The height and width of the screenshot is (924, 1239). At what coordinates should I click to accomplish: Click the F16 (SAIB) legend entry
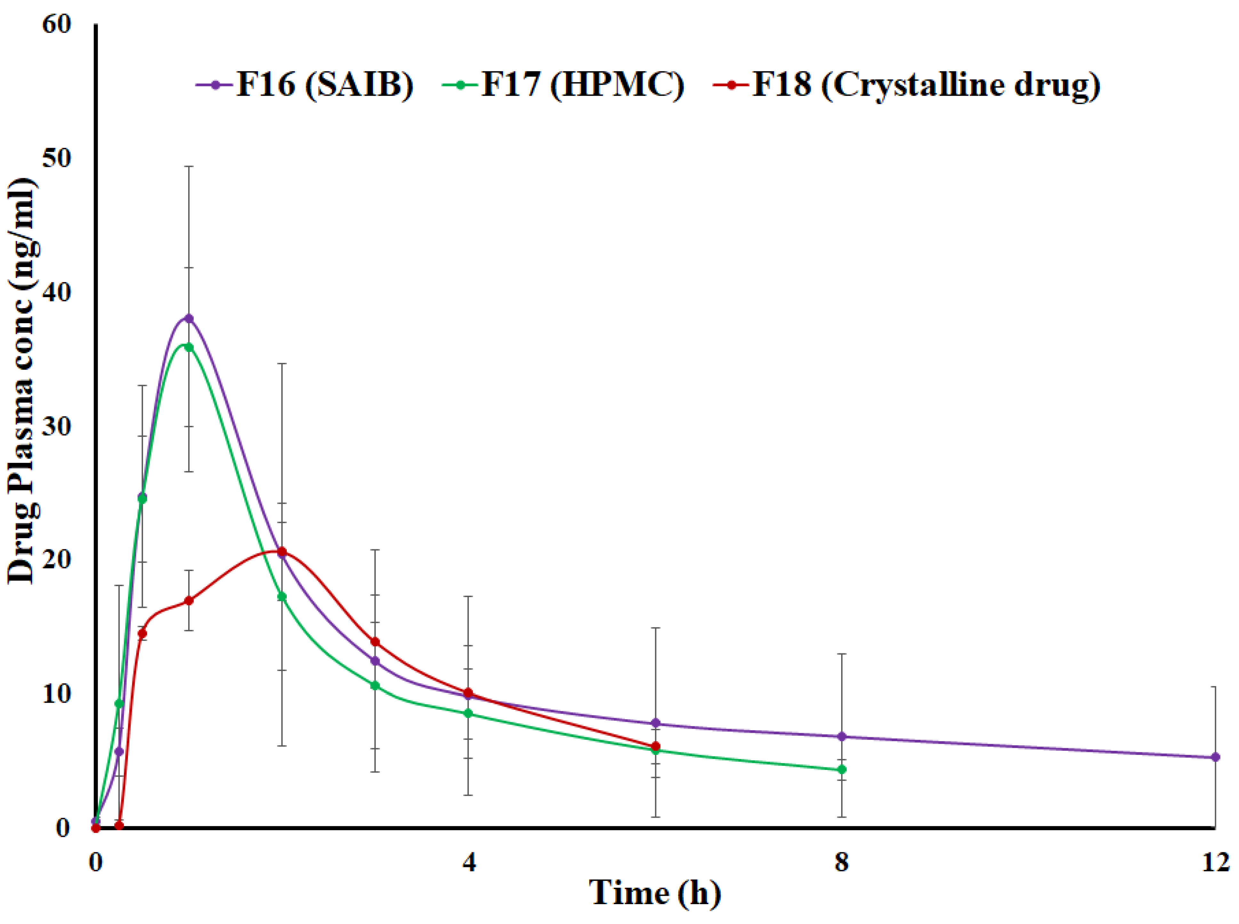(x=305, y=85)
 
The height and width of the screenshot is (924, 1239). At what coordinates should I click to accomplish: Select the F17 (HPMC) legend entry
(x=563, y=85)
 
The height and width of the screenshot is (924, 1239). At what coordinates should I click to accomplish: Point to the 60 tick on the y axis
(x=56, y=25)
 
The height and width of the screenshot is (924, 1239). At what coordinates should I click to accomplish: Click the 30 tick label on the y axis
(x=56, y=426)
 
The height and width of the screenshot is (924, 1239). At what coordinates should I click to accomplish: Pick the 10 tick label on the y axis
(x=56, y=694)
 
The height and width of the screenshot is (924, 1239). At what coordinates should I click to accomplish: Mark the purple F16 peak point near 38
(x=189, y=319)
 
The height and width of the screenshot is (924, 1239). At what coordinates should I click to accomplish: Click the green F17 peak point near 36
(x=189, y=347)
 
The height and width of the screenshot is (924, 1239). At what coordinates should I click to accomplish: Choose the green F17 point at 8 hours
(x=842, y=770)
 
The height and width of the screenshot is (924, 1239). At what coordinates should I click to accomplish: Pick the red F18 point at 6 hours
(x=656, y=746)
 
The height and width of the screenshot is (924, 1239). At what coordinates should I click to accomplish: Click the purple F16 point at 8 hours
(x=842, y=737)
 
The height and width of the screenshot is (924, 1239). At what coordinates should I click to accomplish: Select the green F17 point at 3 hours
(x=375, y=685)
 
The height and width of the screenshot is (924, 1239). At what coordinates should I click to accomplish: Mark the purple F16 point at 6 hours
(x=656, y=723)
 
